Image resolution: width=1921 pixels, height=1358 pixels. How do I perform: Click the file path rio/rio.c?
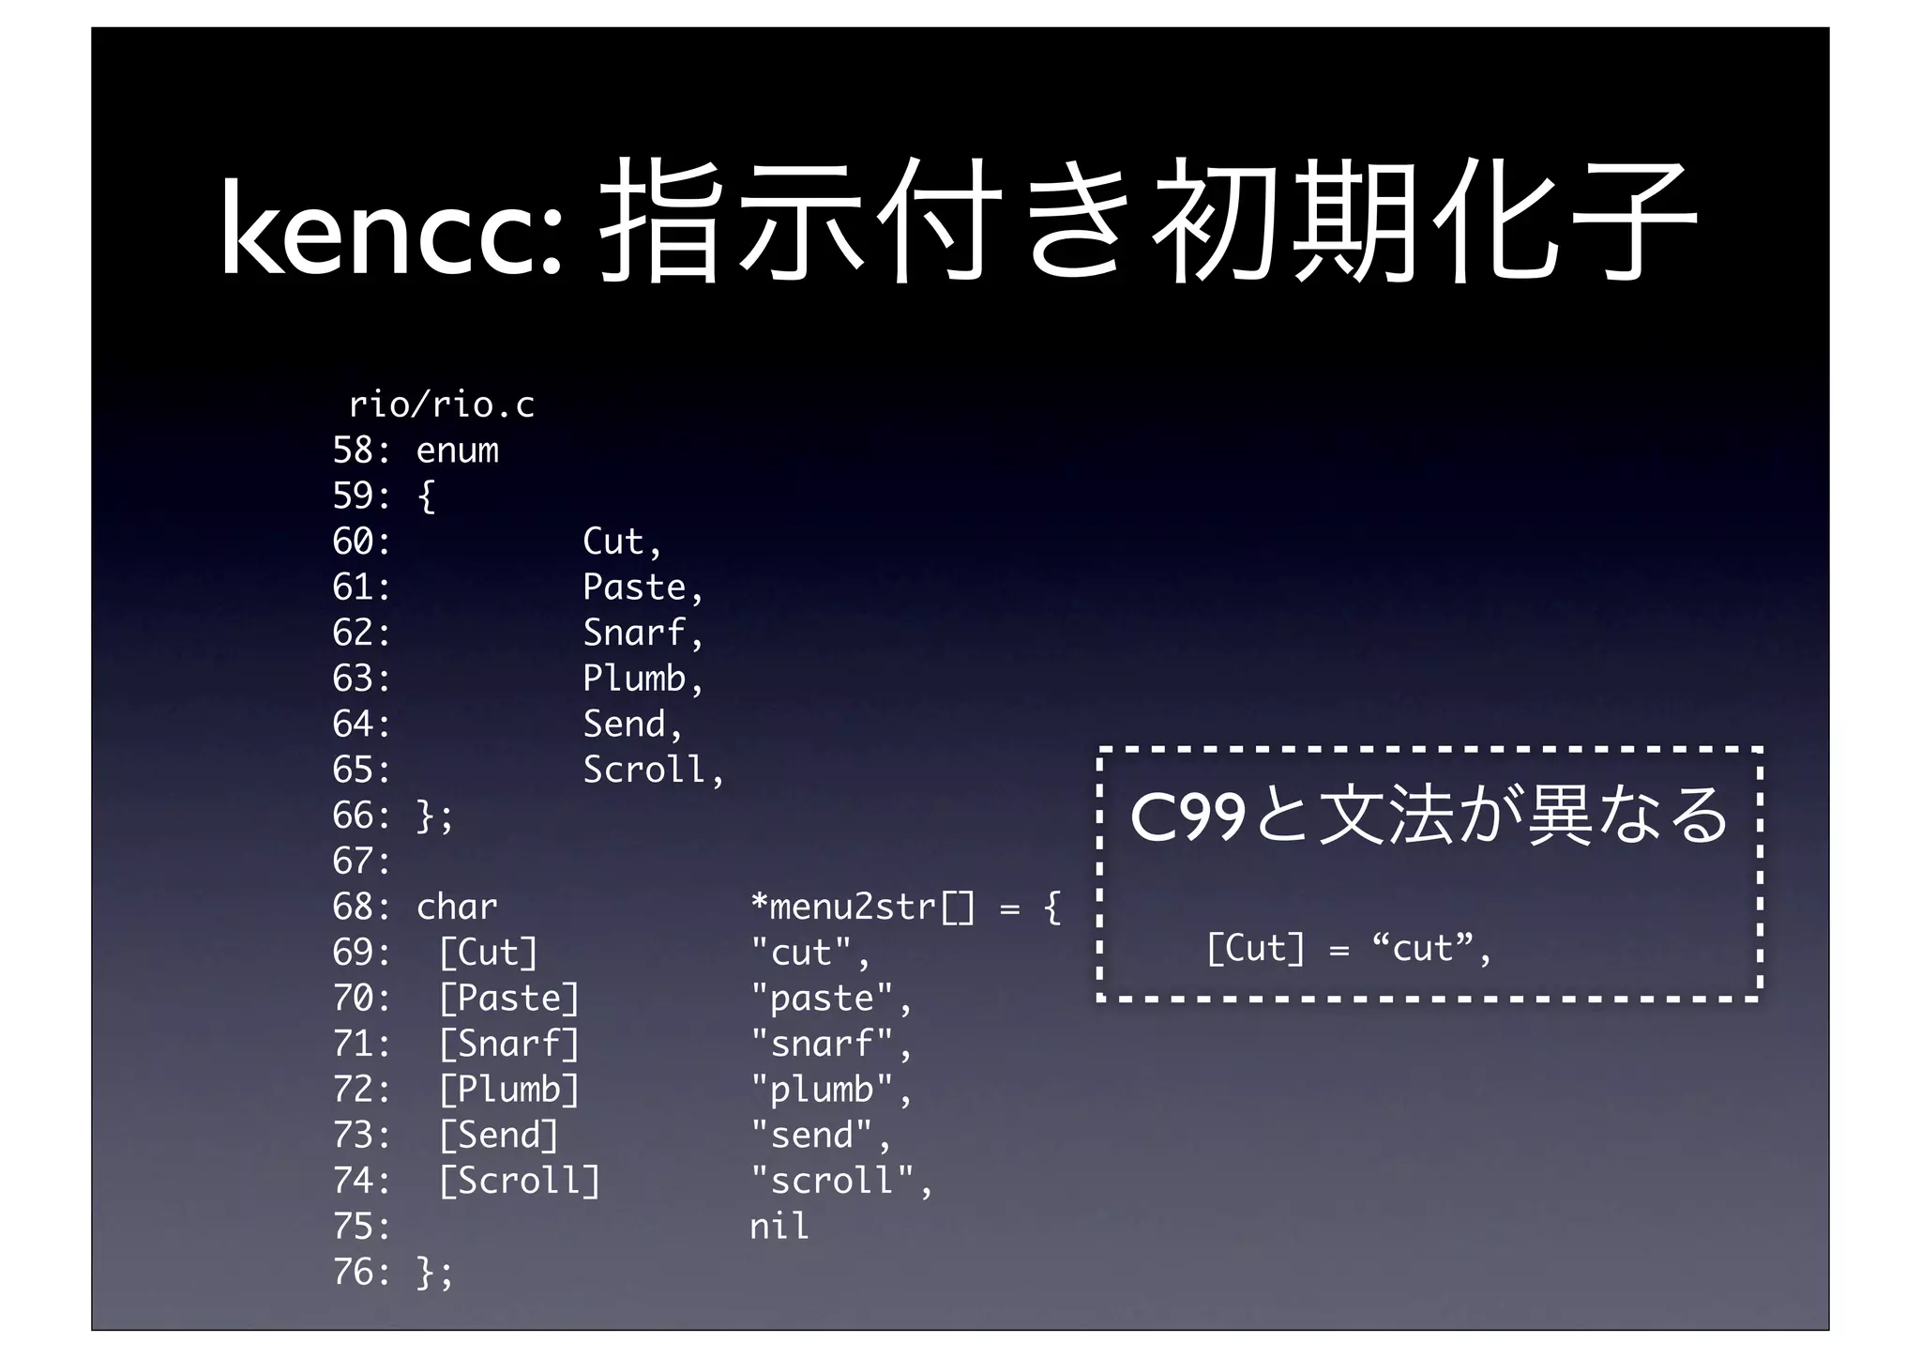441,405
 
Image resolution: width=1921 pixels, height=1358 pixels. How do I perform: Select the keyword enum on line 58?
457,450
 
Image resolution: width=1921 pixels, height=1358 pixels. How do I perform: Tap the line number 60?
361,542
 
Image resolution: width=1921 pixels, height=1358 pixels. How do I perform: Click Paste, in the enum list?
643,587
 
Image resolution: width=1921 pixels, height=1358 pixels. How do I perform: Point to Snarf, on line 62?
643,633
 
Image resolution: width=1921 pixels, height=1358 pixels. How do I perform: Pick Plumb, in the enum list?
643,679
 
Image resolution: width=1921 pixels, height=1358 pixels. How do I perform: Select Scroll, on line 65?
653,771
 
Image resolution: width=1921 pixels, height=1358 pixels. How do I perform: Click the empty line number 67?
361,862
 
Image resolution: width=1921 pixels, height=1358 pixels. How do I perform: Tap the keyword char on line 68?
457,908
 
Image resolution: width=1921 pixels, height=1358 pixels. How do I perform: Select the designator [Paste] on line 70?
509,999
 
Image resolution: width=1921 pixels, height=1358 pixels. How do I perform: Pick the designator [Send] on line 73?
499,1136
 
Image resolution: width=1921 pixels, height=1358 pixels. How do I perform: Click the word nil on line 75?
779,1227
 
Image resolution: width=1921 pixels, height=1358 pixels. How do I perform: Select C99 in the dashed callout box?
1187,817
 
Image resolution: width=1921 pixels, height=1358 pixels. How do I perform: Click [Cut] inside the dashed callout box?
1255,949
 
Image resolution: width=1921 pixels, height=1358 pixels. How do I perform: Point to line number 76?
361,1273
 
